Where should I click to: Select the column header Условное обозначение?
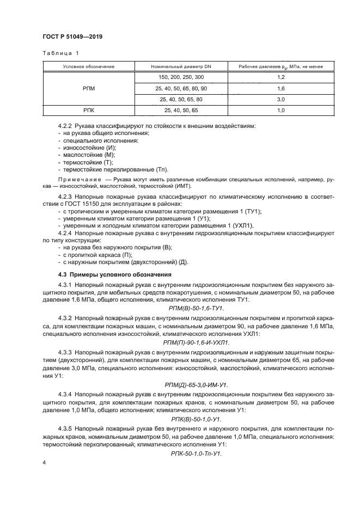88,66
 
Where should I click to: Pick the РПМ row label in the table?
88,88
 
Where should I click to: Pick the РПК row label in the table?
88,111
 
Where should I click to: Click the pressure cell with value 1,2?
281,77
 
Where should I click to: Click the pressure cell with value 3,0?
281,100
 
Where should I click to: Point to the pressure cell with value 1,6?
281,88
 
